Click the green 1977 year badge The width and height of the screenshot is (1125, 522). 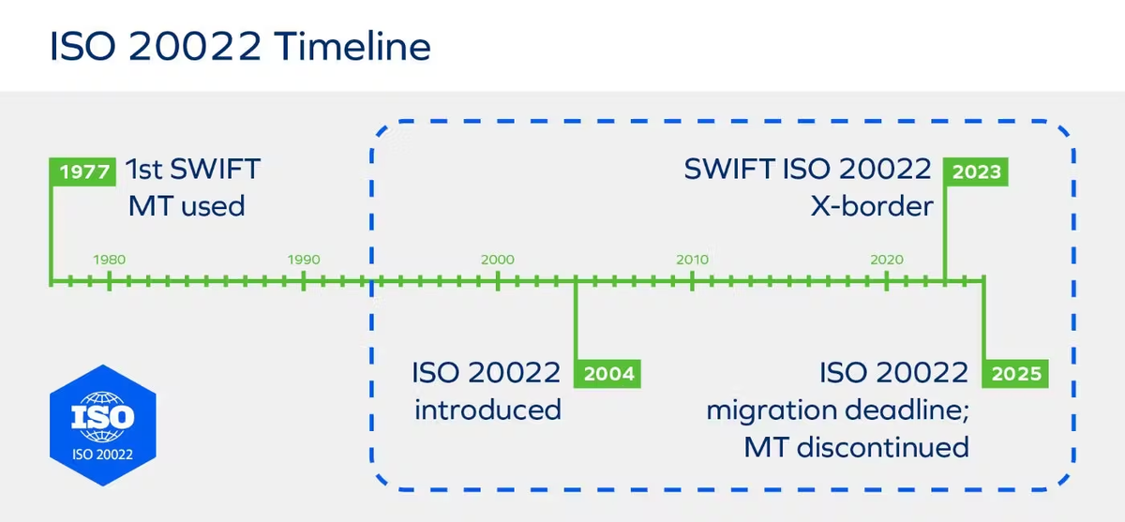[x=83, y=172]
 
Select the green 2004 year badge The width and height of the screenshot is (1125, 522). [x=609, y=374]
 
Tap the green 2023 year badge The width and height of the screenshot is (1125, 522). [x=976, y=172]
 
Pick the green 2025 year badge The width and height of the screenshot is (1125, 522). [x=1016, y=374]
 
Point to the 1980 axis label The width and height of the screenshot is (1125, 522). [x=110, y=260]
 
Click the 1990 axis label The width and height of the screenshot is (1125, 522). [x=304, y=260]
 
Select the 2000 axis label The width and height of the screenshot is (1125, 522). [x=498, y=260]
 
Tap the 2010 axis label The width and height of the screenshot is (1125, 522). [x=692, y=260]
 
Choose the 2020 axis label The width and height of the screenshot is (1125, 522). [x=886, y=260]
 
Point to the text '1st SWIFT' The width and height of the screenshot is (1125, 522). [x=194, y=171]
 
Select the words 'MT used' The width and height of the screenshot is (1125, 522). [x=187, y=205]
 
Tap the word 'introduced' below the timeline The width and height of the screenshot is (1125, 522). [x=487, y=410]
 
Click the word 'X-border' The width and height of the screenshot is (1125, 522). [x=872, y=205]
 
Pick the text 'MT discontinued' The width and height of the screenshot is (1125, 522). [x=856, y=446]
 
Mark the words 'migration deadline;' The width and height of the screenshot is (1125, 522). [x=837, y=410]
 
